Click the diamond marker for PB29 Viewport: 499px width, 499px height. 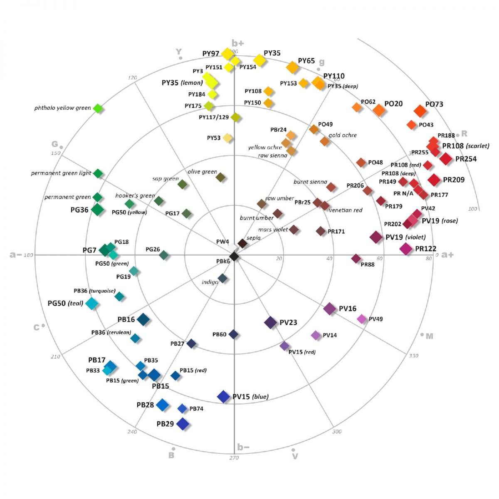tap(183, 424)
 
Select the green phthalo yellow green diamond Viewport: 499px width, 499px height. tap(98, 108)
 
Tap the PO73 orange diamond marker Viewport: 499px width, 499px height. tap(420, 111)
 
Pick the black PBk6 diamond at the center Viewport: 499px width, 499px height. tap(234, 257)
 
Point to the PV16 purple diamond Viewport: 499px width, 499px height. tap(329, 309)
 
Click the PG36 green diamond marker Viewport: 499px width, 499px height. tap(97, 210)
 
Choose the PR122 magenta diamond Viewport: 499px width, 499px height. tap(406, 249)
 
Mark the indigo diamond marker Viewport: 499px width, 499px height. tap(222, 278)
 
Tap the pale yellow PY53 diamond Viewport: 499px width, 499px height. tap(227, 138)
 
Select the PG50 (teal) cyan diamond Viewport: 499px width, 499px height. tap(91, 304)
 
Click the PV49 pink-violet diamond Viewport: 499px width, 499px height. tap(361, 319)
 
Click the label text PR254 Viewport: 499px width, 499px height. tap(466, 159)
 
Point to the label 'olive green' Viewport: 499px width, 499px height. tap(202, 172)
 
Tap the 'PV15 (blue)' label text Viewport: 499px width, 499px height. tap(250, 396)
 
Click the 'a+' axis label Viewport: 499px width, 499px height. tap(447, 255)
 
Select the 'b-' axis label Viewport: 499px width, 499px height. tap(243, 447)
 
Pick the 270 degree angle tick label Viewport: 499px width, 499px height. tap(234, 458)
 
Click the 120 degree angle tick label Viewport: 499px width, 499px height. tap(132, 77)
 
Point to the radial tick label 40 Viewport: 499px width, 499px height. tap(329, 258)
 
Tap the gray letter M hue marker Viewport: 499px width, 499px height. tap(429, 336)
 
